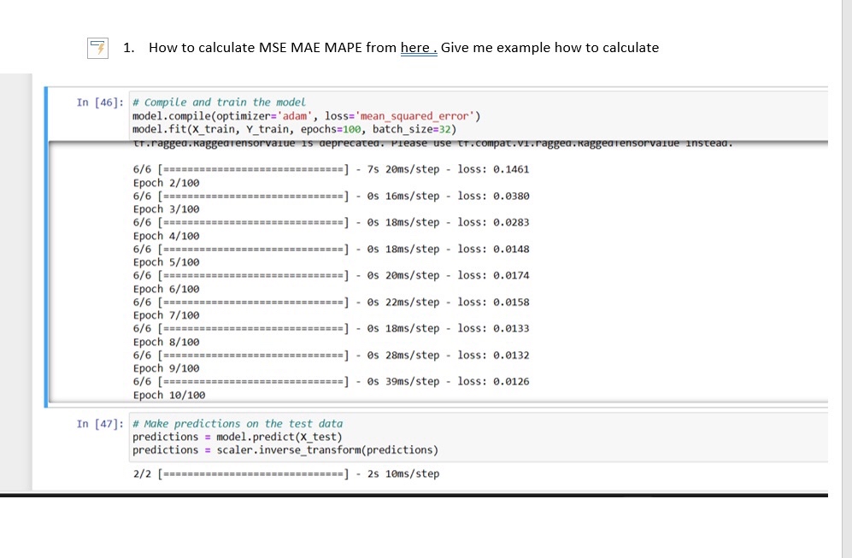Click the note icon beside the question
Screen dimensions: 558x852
(99, 48)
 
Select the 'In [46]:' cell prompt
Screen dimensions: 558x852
(101, 103)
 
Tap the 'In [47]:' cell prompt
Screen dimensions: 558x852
(101, 424)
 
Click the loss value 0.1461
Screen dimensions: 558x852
(512, 169)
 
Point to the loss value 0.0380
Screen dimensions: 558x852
(512, 196)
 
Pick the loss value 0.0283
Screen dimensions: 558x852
(512, 222)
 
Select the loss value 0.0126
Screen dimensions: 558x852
(512, 381)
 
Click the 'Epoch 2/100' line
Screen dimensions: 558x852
(167, 183)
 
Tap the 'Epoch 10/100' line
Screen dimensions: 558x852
(169, 395)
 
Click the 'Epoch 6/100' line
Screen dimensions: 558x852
(167, 289)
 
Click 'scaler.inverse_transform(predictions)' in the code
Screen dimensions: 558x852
(327, 449)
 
